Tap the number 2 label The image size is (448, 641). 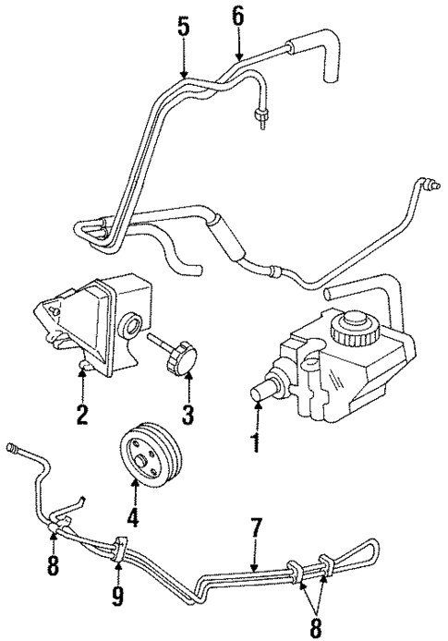82,415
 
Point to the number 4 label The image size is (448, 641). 134,518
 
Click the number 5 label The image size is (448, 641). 183,28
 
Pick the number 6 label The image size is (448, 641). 237,15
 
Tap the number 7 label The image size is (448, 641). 256,528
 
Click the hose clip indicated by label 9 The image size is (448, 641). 123,549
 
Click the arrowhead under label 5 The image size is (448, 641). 183,75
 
